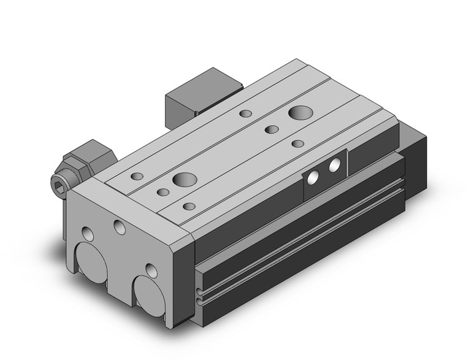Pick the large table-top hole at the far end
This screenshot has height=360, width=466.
click(300, 113)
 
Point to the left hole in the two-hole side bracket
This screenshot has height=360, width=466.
click(313, 177)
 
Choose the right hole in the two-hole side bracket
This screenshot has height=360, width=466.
click(335, 166)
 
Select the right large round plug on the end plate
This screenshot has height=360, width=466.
click(147, 288)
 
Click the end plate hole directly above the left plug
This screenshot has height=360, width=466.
click(88, 234)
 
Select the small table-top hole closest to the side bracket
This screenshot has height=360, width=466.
click(298, 144)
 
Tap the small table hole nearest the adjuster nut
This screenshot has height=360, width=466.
click(136, 177)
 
